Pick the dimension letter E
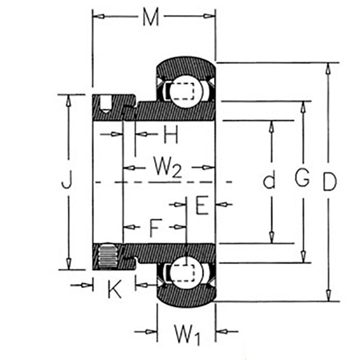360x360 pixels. pyautogui.click(x=202, y=206)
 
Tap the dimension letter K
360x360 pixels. pyautogui.click(x=114, y=288)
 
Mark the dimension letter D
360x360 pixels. pyautogui.click(x=329, y=182)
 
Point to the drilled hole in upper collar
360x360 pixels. pyautogui.click(x=105, y=104)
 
